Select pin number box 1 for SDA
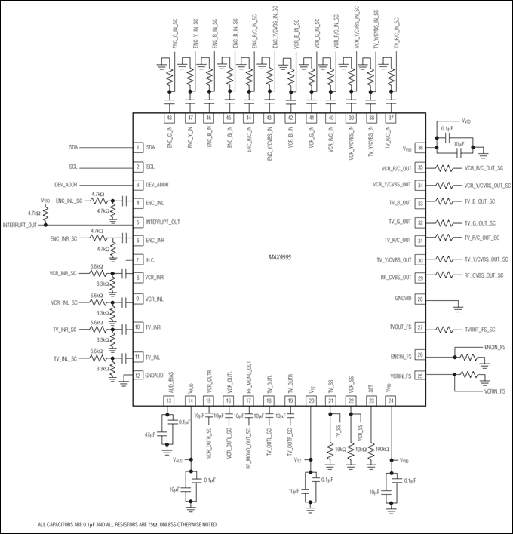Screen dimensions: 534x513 coord(139,148)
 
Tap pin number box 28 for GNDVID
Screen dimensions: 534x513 coord(421,299)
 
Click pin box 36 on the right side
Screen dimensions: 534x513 coord(421,149)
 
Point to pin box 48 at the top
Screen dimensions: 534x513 coord(170,118)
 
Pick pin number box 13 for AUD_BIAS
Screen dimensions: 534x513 coord(170,400)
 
